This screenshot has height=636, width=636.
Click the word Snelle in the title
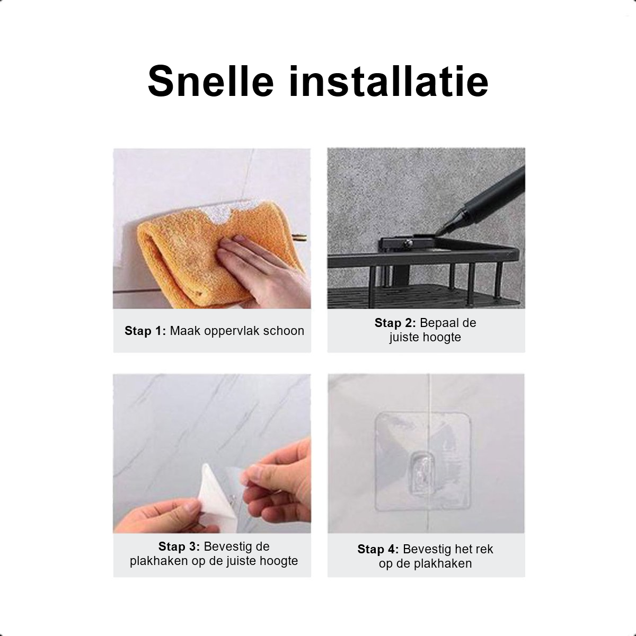point(210,81)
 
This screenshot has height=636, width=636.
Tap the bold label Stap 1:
point(145,331)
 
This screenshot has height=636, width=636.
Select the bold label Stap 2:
point(395,323)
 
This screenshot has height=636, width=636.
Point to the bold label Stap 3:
point(179,546)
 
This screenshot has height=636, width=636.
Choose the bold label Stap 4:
point(378,549)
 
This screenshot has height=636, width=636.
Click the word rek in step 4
point(484,549)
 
